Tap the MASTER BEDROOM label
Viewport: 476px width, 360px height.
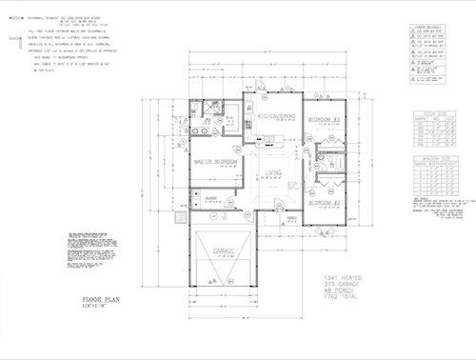215,162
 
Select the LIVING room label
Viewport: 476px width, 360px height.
274,172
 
